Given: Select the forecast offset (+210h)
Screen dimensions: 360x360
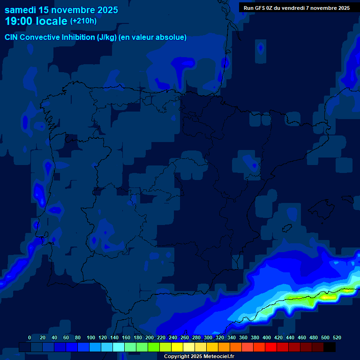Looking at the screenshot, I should [x=83, y=21].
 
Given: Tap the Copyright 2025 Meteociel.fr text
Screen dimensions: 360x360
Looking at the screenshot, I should [x=199, y=356].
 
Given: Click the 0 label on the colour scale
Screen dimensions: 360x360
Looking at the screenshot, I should [x=30, y=337].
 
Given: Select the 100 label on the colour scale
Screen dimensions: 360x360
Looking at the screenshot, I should [x=91, y=337].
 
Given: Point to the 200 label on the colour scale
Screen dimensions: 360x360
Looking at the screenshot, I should [x=150, y=337].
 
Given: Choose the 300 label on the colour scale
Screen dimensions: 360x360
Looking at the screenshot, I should [x=208, y=337].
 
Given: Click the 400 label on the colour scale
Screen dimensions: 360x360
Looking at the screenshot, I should [x=267, y=337].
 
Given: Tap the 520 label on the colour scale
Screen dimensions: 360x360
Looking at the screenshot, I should [x=337, y=337].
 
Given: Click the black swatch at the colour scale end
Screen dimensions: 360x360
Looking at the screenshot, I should [x=330, y=347].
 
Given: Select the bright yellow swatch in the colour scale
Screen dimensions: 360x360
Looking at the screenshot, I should [x=177, y=347].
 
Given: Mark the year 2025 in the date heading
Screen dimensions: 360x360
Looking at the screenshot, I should [x=108, y=10].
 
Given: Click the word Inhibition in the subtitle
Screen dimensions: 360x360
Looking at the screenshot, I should [x=77, y=37].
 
